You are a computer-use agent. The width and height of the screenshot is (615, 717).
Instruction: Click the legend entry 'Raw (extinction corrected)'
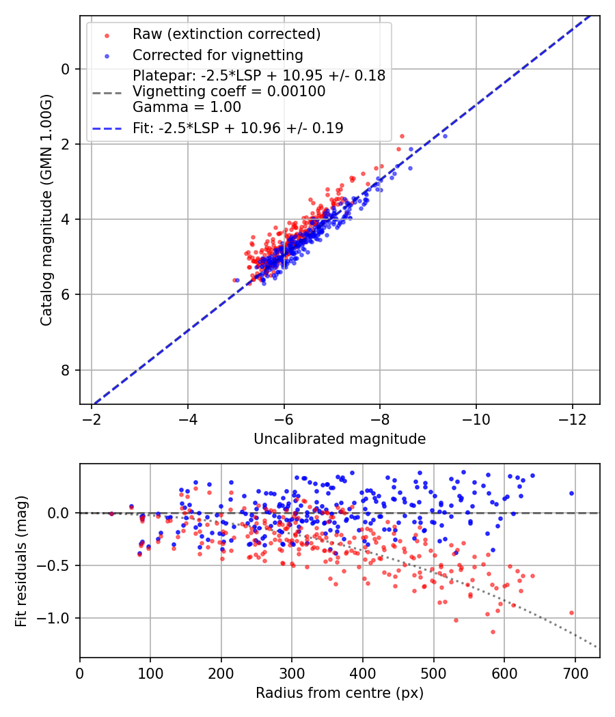(x=226, y=34)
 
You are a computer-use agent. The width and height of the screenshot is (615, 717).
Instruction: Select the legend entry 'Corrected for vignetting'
(x=218, y=55)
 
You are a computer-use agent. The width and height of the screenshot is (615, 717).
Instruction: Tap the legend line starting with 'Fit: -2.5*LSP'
(x=238, y=128)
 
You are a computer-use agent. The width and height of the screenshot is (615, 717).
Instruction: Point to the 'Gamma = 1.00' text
(x=187, y=107)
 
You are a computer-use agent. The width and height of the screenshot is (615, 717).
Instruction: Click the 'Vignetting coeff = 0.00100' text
(x=229, y=92)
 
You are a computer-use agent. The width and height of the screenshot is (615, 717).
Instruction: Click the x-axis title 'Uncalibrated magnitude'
(x=340, y=439)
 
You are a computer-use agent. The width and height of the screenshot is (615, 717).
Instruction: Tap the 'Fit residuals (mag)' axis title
(x=21, y=561)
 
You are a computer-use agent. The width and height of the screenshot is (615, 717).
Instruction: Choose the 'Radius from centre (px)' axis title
(x=340, y=693)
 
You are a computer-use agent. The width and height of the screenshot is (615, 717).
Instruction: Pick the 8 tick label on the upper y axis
(x=66, y=370)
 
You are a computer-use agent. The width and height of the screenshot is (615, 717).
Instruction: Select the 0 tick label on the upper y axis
(x=66, y=69)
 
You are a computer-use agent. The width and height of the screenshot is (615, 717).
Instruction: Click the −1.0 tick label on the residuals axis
(x=57, y=618)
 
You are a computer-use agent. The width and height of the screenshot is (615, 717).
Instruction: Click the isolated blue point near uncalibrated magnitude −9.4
(x=445, y=136)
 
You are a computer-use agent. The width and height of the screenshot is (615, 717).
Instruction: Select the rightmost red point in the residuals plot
(x=571, y=613)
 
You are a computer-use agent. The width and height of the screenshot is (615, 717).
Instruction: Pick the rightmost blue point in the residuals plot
(x=571, y=493)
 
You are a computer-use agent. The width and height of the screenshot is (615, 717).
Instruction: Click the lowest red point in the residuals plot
(x=493, y=632)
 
